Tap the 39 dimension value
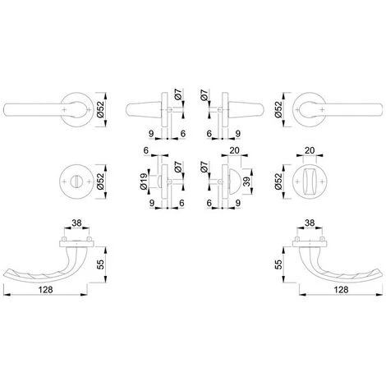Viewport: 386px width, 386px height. coord(247,182)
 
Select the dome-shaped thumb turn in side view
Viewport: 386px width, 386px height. coord(234,182)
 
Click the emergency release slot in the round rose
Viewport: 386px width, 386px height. coord(76,182)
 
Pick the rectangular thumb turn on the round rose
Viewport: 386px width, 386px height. coord(310,182)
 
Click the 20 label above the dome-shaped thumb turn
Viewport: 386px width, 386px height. coord(234,150)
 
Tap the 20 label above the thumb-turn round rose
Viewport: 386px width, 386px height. coord(310,150)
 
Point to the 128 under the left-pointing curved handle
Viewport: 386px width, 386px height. coord(45,289)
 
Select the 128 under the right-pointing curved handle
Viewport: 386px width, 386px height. coord(341,289)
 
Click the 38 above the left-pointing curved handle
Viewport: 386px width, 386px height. coord(76,223)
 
